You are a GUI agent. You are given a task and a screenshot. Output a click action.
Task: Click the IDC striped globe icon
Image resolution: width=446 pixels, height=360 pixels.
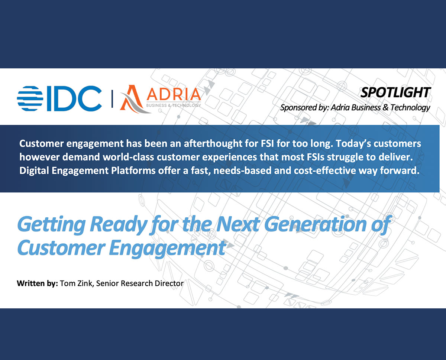[30, 98]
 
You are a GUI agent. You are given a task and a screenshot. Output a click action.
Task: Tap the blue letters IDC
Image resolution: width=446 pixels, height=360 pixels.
[74, 98]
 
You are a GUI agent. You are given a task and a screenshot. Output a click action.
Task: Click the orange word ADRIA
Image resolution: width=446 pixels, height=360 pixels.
[174, 95]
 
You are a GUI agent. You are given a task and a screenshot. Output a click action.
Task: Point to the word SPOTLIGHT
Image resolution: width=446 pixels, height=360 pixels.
[395, 92]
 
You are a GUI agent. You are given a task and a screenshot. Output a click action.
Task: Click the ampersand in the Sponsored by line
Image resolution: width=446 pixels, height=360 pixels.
[385, 107]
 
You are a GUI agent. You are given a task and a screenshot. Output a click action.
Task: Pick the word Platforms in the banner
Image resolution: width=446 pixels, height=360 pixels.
[133, 171]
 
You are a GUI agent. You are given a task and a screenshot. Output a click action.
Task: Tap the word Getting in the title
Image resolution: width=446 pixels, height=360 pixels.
[52, 224]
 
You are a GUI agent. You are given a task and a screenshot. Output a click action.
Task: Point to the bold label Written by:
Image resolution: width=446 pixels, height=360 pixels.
[37, 283]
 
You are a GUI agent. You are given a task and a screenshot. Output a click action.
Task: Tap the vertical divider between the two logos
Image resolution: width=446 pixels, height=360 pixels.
[112, 98]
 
